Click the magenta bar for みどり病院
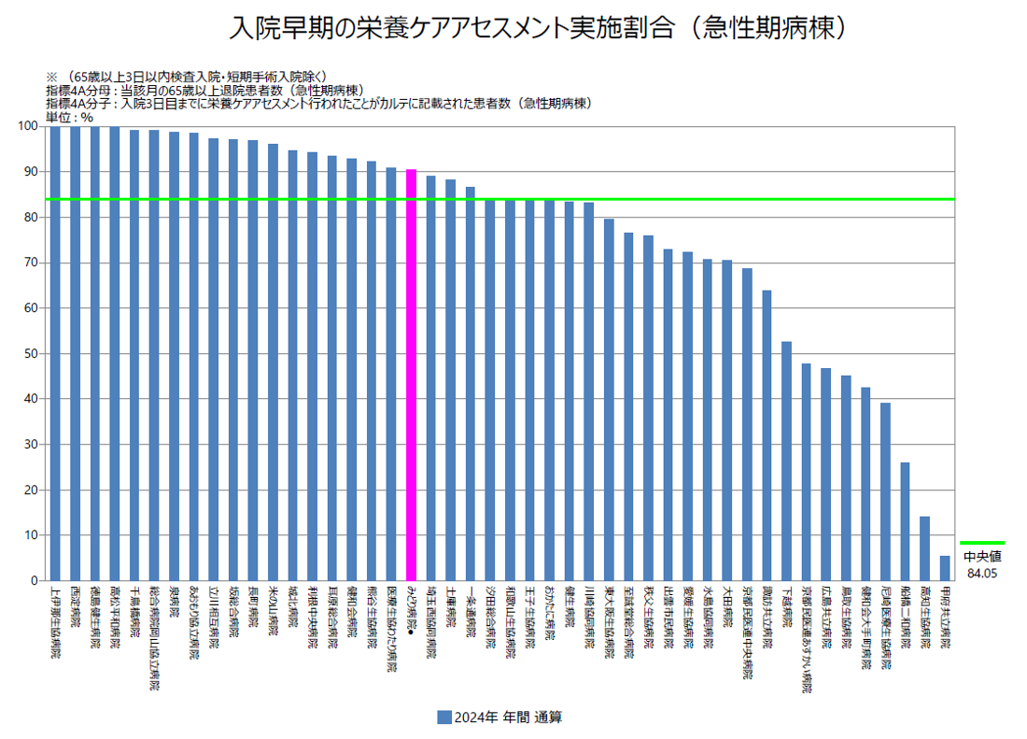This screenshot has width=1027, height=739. [411, 375]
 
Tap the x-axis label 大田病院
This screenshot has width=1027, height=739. [726, 611]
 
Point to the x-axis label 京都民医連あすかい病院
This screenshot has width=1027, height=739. [806, 640]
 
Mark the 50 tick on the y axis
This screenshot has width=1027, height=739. [32, 353]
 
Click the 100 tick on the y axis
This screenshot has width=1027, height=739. [28, 126]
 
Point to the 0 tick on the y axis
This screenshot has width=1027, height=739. [35, 581]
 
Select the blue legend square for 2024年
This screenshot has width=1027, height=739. [444, 718]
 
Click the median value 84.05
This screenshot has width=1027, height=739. [982, 573]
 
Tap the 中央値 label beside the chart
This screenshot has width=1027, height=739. [982, 557]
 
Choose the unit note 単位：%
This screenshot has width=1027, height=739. [70, 117]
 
